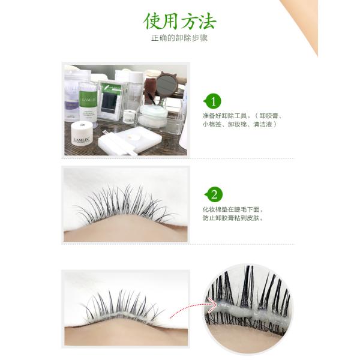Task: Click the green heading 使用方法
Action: pos(180,20)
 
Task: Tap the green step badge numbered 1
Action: pos(214,101)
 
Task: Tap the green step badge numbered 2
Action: pos(214,194)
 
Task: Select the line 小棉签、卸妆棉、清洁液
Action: pos(240,126)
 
